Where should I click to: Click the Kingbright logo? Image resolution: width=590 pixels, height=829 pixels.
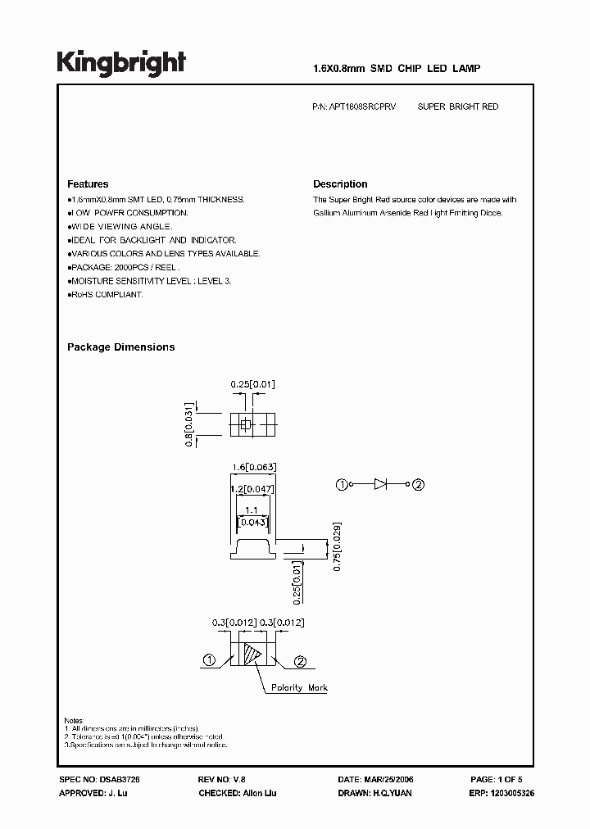coord(121,64)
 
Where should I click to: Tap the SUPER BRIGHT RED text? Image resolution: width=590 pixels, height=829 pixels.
coord(458,107)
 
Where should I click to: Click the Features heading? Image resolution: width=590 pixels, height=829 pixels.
coord(88,184)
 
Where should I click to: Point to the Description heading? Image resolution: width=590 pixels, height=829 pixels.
coord(340,184)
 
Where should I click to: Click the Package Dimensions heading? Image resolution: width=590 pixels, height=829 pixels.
coord(120,347)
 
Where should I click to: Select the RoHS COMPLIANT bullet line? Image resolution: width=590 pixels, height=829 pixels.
coord(105,294)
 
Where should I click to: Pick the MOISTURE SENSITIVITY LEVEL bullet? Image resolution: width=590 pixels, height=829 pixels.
coord(149,281)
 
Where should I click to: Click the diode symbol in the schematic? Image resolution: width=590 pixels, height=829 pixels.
coord(380,485)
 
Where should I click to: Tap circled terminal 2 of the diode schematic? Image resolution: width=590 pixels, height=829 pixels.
coord(418,485)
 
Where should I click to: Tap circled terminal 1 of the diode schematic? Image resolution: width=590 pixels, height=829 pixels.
coord(343,485)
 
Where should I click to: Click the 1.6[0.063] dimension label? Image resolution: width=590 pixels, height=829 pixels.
coord(255,467)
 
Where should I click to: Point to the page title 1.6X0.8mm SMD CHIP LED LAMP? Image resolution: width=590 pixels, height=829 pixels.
coord(397,70)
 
